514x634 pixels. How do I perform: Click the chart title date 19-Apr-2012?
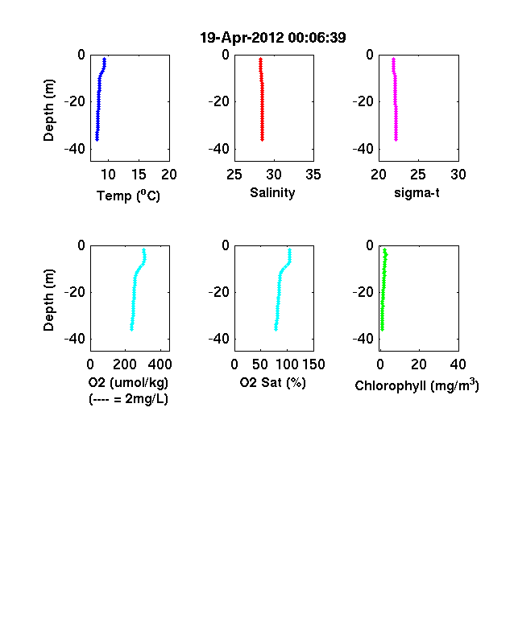[x=242, y=38]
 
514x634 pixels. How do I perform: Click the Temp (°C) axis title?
[x=128, y=196]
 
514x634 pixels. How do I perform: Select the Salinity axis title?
[x=272, y=192]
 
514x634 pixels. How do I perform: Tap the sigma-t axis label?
[x=417, y=193]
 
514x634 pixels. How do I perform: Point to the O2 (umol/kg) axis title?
[x=128, y=382]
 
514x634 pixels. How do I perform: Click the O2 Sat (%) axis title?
[x=272, y=382]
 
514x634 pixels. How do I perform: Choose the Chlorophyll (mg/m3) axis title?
[x=417, y=385]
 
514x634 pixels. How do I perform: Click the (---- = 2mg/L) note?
[x=128, y=399]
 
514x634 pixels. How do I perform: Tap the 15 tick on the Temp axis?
[x=139, y=175]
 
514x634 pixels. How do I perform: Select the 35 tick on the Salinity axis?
[x=313, y=175]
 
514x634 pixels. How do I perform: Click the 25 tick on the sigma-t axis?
[x=417, y=175]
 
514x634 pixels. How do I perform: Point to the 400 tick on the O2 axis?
[x=160, y=364]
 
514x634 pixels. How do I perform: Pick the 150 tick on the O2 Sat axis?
[x=313, y=364]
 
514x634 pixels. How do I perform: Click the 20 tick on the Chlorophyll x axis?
[x=418, y=364]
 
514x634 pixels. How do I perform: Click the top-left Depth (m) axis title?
[x=48, y=110]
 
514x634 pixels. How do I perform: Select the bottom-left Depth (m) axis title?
[x=48, y=300]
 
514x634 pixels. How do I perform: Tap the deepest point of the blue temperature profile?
[x=97, y=139]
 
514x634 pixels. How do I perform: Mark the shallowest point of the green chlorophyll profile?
[x=385, y=250]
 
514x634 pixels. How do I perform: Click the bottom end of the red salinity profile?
[x=263, y=139]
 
